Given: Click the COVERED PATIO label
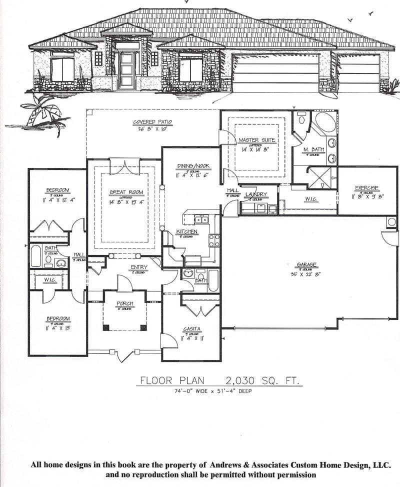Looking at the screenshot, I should [x=152, y=121].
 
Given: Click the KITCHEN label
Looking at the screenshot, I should [x=186, y=232].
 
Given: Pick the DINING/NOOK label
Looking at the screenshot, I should [x=193, y=166].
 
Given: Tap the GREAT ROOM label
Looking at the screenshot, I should [x=126, y=192].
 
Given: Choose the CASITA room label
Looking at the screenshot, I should [x=191, y=329].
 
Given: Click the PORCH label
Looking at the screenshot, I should [x=124, y=303].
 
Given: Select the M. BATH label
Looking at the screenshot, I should [x=313, y=149].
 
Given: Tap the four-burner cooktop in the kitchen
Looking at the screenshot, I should [x=214, y=240].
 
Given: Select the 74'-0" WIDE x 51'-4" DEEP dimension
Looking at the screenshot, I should [x=216, y=391].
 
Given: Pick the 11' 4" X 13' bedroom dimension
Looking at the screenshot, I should [x=58, y=328].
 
